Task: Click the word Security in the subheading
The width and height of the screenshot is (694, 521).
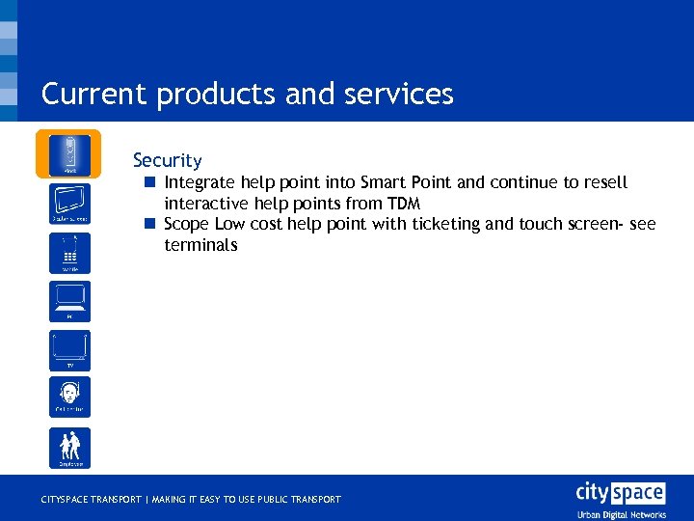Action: coord(168,160)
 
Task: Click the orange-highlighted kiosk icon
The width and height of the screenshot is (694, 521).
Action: coord(69,154)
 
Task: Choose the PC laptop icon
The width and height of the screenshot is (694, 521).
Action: coord(69,302)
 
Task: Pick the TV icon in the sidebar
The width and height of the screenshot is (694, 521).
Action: coord(69,350)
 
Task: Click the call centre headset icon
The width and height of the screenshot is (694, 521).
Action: coord(69,397)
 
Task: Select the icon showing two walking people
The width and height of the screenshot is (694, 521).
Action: coord(69,448)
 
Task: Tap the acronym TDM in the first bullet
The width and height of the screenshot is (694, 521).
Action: coord(404,204)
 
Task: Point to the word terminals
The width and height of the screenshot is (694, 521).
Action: coord(200,245)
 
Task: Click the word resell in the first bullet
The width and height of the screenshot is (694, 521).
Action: coord(605,182)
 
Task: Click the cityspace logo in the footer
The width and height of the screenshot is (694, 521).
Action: coord(620,493)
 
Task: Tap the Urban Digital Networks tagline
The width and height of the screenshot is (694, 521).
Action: coord(621,514)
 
